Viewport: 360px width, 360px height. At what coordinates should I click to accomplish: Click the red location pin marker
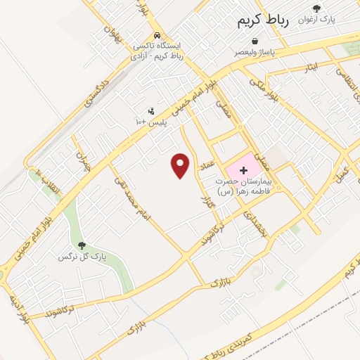click(x=181, y=165)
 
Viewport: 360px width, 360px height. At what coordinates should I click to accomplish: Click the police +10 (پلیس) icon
click(x=150, y=111)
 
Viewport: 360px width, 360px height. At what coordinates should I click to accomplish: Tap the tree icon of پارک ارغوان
click(x=317, y=8)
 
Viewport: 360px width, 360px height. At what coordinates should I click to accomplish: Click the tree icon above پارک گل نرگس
click(x=83, y=245)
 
